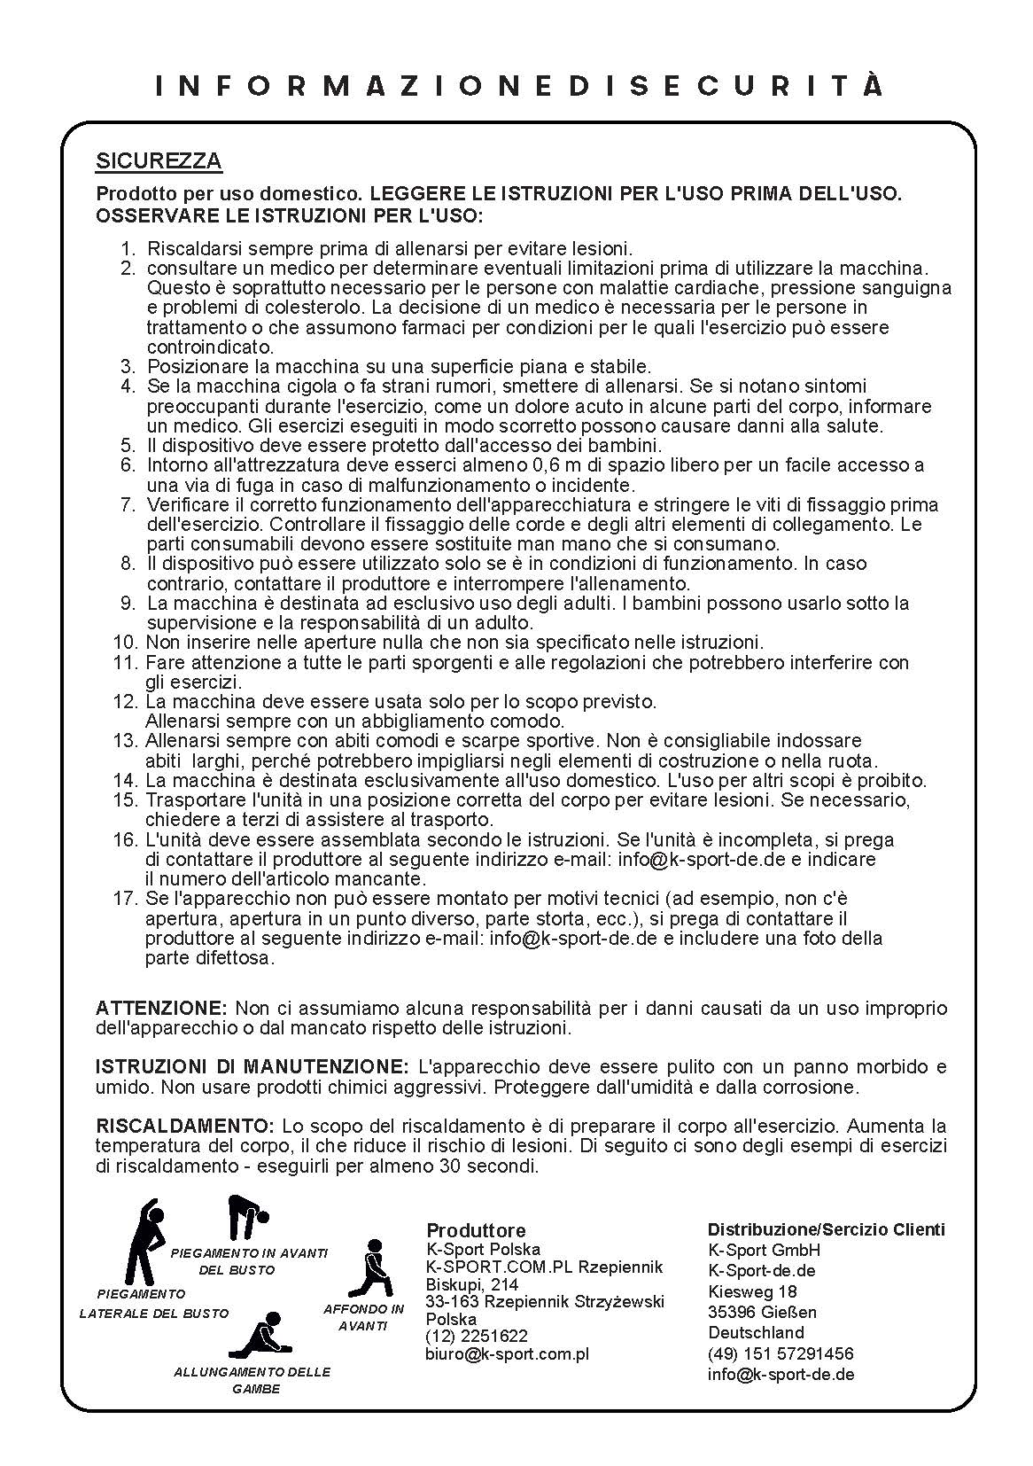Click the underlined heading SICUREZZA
tap(159, 161)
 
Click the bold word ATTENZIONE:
tap(162, 1009)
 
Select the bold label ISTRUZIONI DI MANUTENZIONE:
tap(252, 1067)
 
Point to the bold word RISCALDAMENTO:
tap(185, 1127)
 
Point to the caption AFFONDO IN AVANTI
tap(363, 1318)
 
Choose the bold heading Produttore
tap(476, 1230)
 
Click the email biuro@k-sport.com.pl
tap(507, 1353)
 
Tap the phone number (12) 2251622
tap(477, 1336)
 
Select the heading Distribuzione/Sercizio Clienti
tap(826, 1229)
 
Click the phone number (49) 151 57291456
tap(781, 1353)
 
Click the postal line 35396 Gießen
tap(762, 1312)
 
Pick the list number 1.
tap(128, 249)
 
